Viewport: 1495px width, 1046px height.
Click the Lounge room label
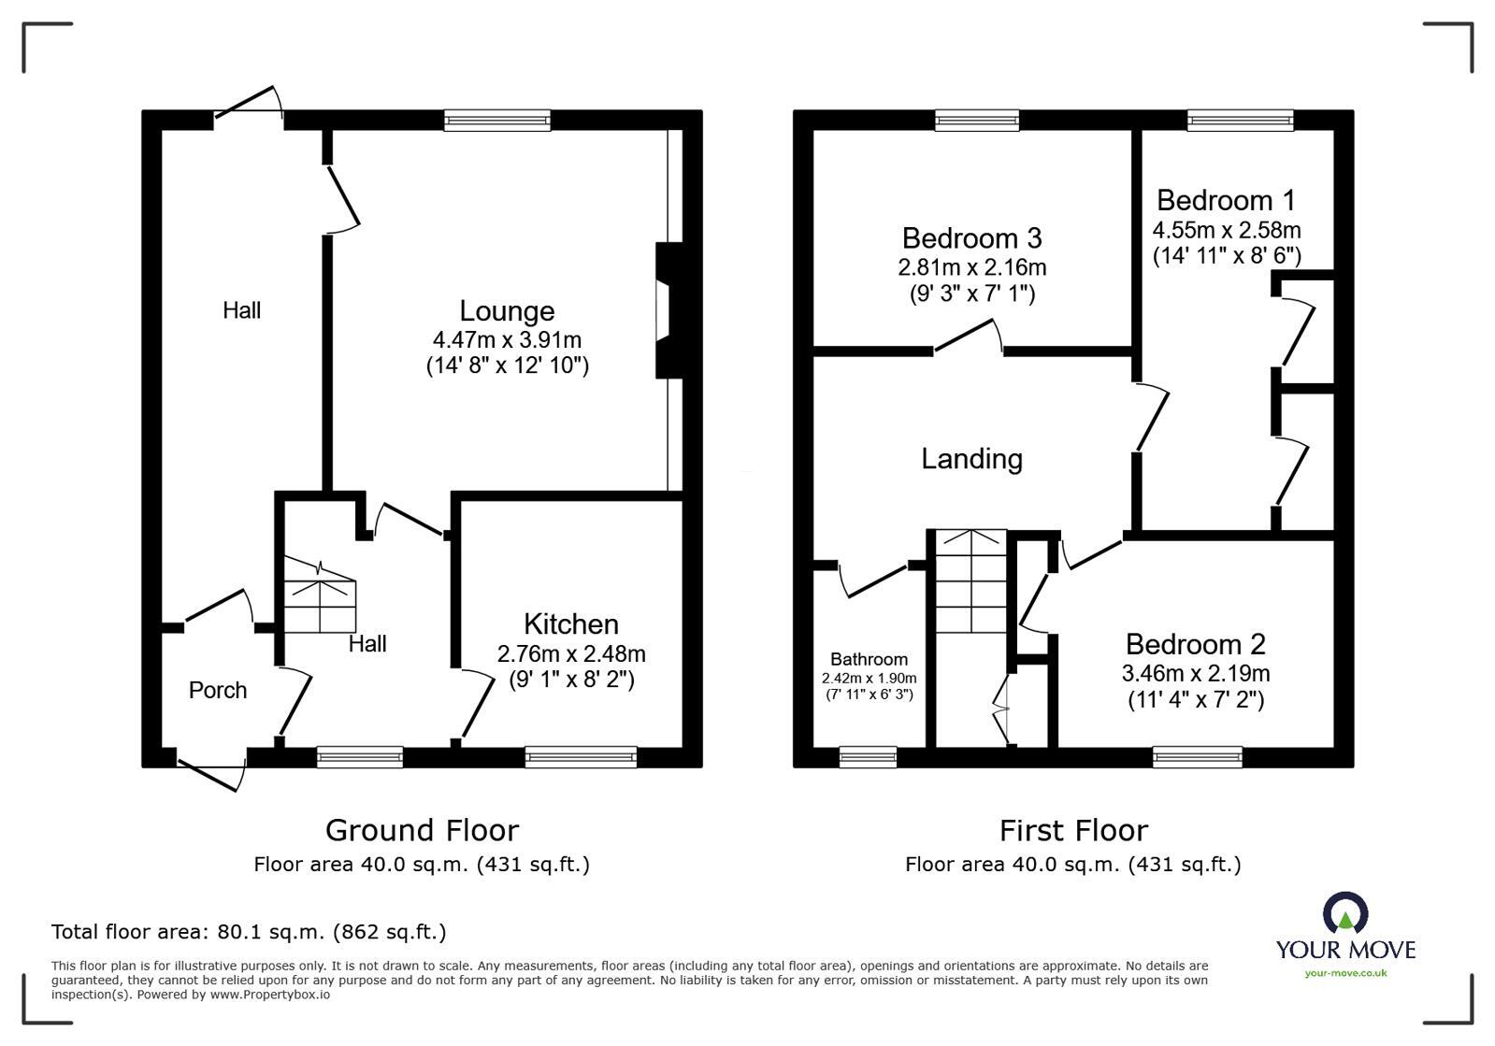coord(507,311)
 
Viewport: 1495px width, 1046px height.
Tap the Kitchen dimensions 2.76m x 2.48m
coord(571,653)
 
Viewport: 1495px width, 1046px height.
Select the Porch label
coord(218,690)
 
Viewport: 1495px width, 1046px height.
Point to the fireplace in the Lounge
coord(669,311)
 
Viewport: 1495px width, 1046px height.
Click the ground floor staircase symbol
coord(319,595)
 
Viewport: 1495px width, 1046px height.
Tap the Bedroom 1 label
coord(1226,200)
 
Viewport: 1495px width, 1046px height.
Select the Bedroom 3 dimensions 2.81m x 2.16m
coord(971,267)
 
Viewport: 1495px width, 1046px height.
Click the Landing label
coord(971,459)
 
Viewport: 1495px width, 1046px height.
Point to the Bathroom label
coord(869,659)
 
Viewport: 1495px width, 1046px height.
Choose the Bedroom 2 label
coord(1195,644)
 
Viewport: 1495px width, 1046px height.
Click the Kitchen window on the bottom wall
coord(581,757)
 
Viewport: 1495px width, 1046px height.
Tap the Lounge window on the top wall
coord(496,120)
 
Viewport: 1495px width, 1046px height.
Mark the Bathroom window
coord(868,757)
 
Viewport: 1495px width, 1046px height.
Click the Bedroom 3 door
coord(969,337)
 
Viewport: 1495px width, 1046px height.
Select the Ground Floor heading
coord(422,830)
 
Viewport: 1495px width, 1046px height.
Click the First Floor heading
coord(1073,830)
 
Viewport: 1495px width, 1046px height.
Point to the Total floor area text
coord(249,932)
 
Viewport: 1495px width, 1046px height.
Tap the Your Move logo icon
coord(1345,913)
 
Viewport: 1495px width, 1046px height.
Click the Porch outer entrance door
coord(212,772)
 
